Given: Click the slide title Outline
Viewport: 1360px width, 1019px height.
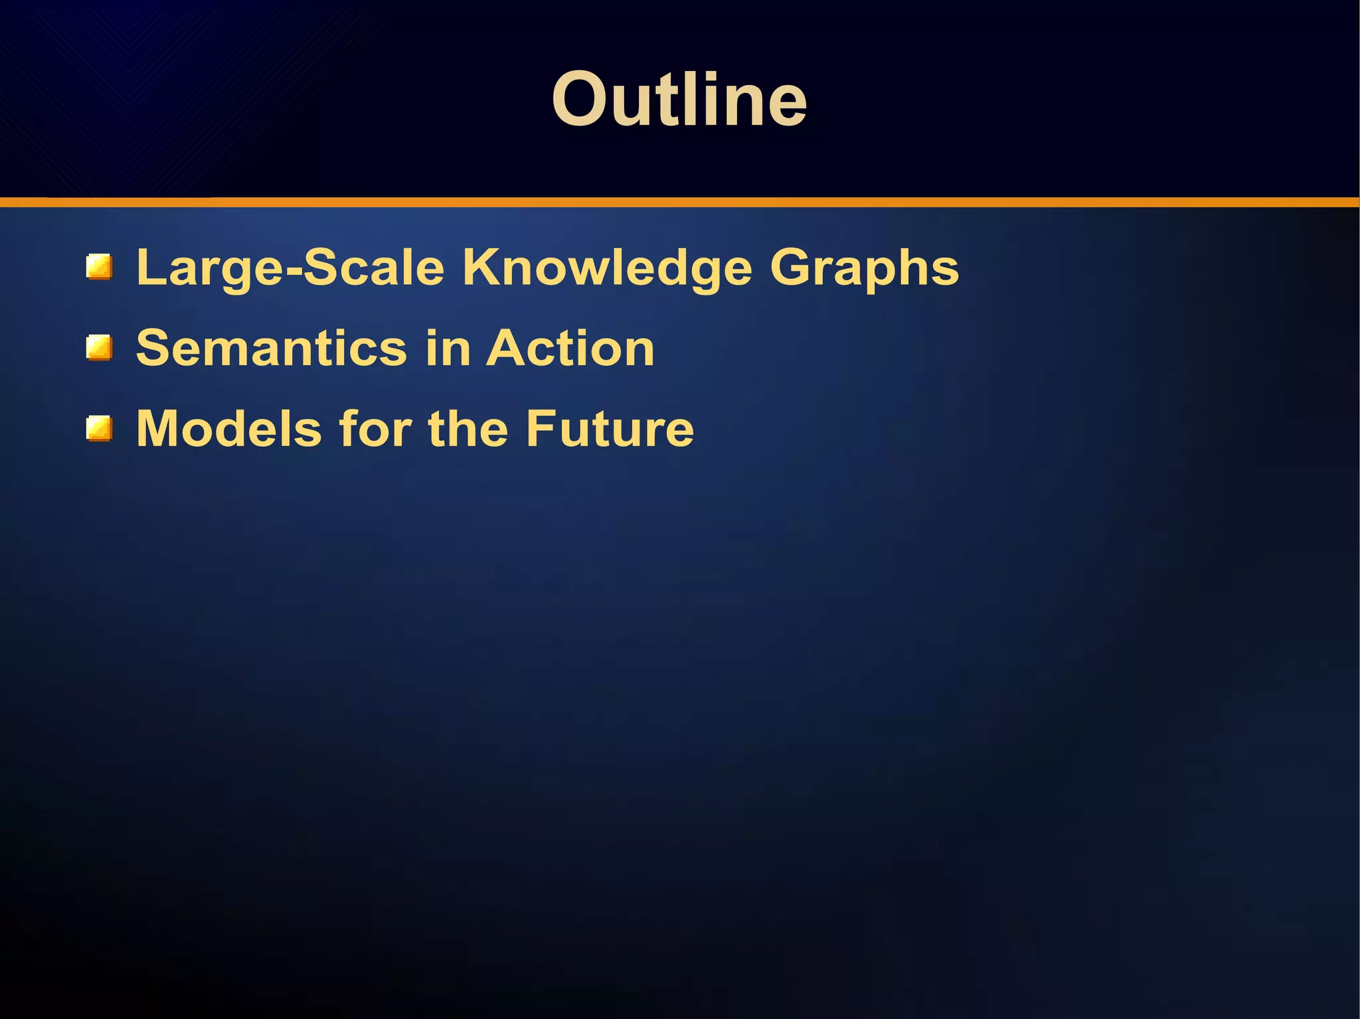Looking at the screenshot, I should (679, 100).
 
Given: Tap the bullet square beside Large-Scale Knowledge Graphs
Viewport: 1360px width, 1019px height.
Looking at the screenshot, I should (99, 268).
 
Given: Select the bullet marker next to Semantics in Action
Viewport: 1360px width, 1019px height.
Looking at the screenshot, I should (99, 349).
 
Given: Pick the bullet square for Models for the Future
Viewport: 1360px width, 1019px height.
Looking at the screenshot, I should (99, 429).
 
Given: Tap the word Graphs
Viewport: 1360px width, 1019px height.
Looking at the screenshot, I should (864, 268).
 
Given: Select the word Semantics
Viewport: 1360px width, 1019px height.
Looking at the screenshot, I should (271, 349).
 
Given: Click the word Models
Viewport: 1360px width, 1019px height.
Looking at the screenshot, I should (229, 429).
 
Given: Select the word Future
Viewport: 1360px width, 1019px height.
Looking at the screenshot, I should (610, 429).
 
